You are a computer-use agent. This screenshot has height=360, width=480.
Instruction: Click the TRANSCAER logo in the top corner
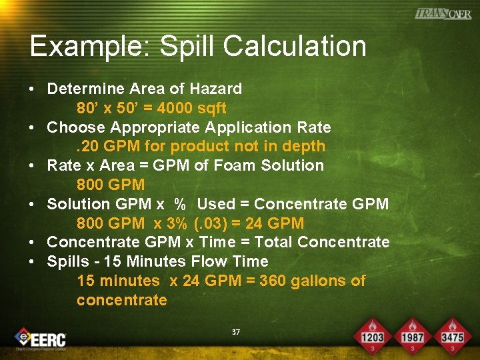coord(443,13)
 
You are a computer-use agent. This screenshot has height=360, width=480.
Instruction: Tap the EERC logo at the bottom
coord(41,338)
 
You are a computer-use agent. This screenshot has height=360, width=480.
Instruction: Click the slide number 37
coord(235,331)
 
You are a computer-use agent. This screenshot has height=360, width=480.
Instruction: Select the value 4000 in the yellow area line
coord(175,108)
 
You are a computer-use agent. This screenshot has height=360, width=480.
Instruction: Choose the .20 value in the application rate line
coord(87,147)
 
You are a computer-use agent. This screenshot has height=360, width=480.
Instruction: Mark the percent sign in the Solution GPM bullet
coord(179,205)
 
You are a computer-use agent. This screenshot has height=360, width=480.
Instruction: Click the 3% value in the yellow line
coord(181,224)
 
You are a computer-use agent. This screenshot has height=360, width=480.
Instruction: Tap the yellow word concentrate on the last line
coord(122,301)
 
